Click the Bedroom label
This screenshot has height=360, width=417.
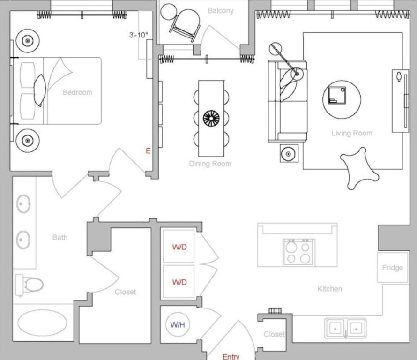77,92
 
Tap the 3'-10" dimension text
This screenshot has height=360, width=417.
139,35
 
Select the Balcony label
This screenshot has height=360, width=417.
221,11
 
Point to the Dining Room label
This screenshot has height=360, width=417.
210,164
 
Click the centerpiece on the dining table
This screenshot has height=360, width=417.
211,118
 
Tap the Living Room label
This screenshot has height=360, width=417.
352,133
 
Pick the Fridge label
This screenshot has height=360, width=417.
392,267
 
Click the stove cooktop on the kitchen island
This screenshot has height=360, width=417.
299,252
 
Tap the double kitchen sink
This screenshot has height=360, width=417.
345,328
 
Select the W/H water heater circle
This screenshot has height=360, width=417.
178,324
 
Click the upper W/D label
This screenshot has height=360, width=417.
179,247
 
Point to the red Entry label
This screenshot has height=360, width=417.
231,357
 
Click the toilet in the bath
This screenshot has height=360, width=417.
29,285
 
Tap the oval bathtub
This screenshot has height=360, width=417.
42,322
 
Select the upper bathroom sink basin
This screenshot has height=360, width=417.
23,203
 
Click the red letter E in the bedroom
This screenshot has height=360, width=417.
148,151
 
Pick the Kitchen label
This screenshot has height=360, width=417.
330,289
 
